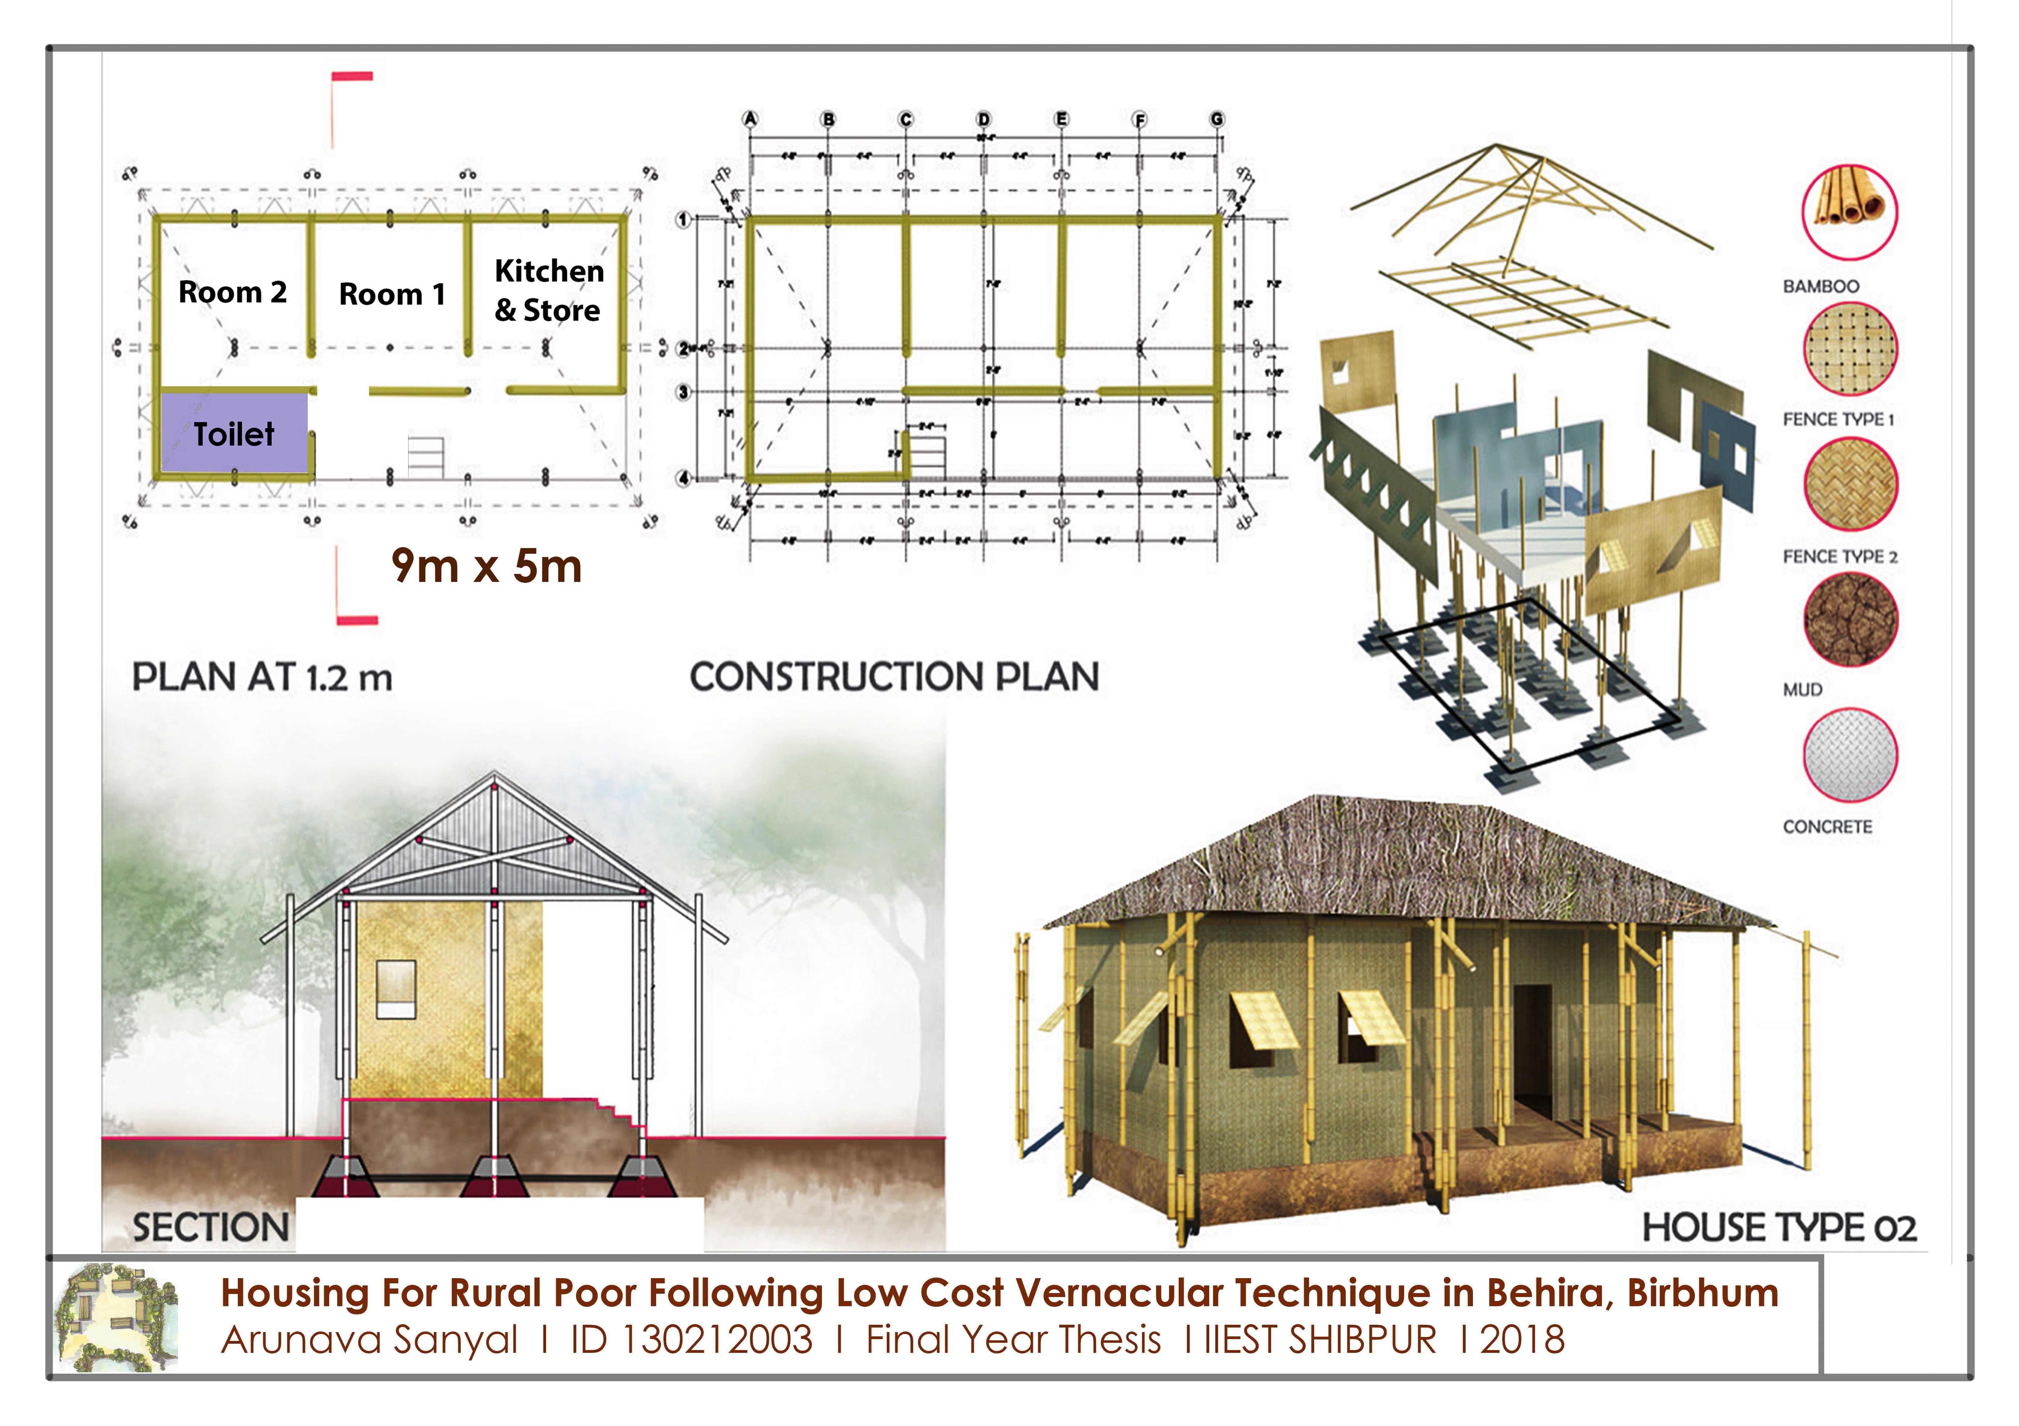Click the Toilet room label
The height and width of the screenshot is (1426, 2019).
point(234,434)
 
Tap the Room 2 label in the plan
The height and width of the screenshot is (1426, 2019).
point(232,292)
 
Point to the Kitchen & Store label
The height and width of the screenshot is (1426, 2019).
point(549,290)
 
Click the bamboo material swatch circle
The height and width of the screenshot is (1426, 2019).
point(1849,212)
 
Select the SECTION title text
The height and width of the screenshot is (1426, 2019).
point(211,1227)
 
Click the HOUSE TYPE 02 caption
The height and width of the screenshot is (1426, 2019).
point(1779,1227)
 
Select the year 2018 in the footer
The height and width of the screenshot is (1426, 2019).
point(1522,1340)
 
